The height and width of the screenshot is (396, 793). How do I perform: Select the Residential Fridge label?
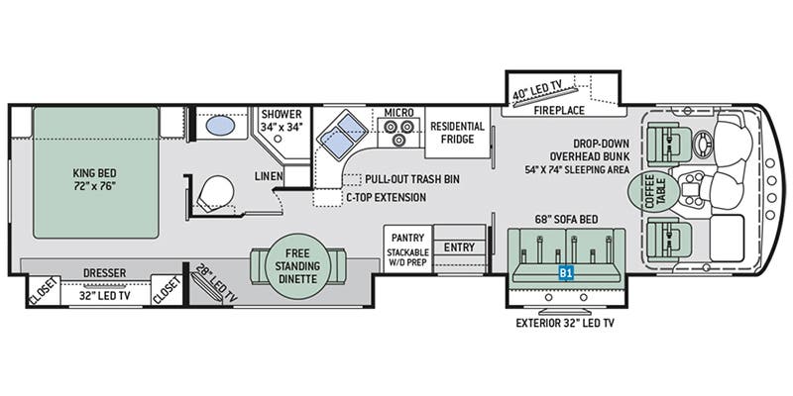click(457, 134)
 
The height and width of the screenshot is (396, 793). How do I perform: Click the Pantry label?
click(407, 239)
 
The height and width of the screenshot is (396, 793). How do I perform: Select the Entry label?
click(459, 247)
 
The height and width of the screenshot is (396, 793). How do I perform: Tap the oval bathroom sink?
click(217, 128)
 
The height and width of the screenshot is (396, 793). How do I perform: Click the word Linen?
click(269, 175)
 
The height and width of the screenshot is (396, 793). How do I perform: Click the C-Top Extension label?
click(386, 197)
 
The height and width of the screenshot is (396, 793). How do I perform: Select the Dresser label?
click(105, 271)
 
